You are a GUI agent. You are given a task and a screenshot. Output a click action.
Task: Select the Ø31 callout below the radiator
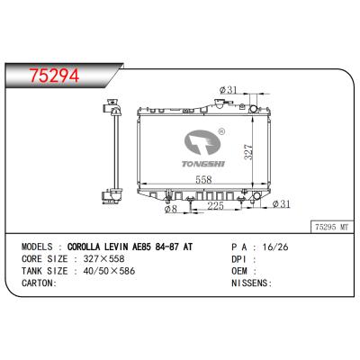coord(282,204)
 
